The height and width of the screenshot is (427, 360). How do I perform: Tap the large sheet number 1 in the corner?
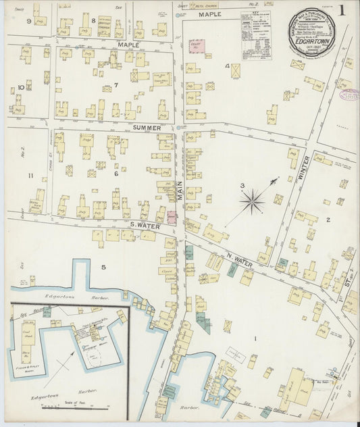coord(343,10)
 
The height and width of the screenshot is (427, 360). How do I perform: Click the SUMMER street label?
coord(147,127)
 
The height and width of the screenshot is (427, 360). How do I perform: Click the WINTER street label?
coord(303,168)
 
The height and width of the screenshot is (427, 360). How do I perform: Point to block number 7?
coord(115,85)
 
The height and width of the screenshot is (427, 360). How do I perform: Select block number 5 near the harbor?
coord(103,268)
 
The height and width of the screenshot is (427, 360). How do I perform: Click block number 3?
coord(241,186)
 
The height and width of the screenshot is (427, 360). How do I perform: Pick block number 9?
coord(28,21)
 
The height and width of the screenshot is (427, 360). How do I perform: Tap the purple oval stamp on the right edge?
coord(348,95)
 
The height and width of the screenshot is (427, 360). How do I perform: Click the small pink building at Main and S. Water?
coord(172,218)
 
